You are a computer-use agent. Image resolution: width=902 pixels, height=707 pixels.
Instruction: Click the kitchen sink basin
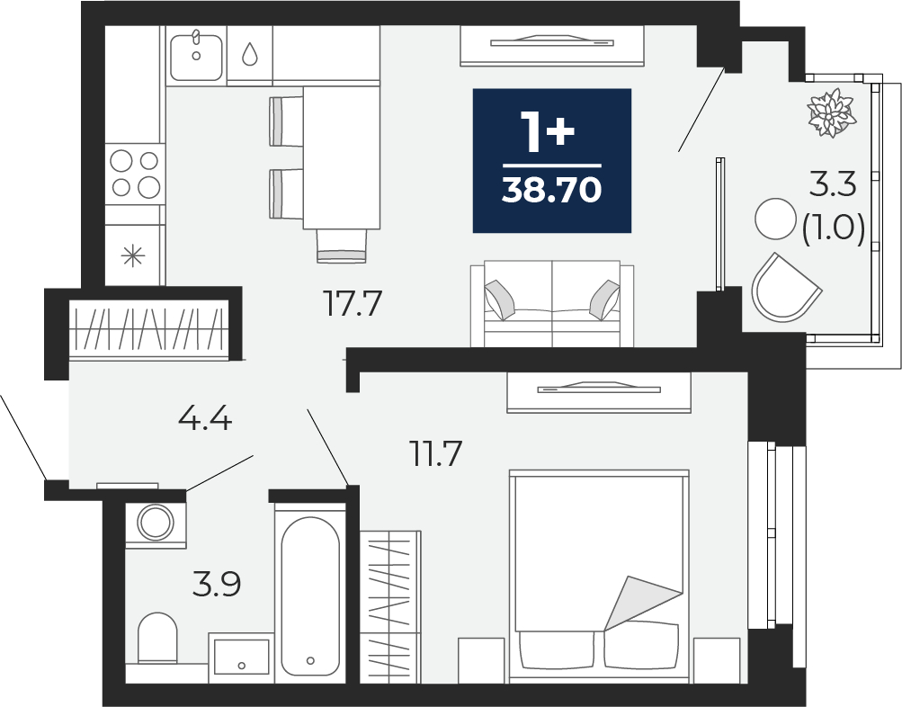[x=196, y=57]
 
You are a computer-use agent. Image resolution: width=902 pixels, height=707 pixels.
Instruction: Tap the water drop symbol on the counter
[x=250, y=54]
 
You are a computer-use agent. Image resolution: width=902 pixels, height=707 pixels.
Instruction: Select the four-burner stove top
[x=135, y=173]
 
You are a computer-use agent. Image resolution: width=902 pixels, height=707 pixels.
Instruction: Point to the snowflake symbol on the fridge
[x=133, y=255]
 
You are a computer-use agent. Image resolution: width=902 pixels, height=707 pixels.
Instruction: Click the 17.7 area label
[x=353, y=304]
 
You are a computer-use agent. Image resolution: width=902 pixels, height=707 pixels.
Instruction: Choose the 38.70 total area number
[x=551, y=190]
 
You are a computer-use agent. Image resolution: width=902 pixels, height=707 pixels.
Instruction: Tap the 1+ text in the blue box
[x=547, y=131]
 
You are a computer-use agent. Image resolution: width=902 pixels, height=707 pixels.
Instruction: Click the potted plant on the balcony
[x=832, y=112]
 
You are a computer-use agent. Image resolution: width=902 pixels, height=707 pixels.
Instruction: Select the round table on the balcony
[x=775, y=218]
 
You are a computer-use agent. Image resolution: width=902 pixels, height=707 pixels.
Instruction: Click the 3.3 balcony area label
[x=833, y=184]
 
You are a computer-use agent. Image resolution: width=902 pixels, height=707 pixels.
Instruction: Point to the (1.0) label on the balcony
[x=834, y=228]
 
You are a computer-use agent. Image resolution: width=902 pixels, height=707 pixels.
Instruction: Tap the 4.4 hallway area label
[x=205, y=418]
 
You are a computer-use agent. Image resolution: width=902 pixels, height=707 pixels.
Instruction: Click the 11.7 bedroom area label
[x=435, y=453]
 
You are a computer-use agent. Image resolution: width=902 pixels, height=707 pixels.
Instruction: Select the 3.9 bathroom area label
[x=217, y=584]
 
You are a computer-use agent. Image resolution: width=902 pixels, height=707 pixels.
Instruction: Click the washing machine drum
[x=156, y=523]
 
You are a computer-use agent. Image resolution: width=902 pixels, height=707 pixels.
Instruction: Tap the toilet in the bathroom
[x=157, y=639]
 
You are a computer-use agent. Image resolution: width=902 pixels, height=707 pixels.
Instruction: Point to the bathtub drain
[x=310, y=660]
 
